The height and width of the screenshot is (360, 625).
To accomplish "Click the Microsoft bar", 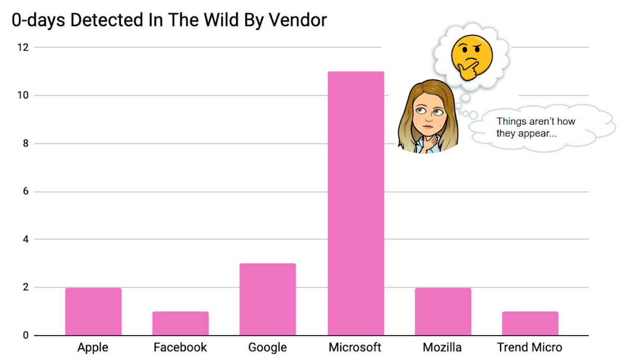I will pyautogui.click(x=356, y=203).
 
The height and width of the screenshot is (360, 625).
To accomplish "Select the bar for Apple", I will pyautogui.click(x=93, y=312).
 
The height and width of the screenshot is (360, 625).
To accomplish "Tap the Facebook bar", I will pyautogui.click(x=180, y=324).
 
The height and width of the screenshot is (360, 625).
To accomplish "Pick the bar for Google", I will pyautogui.click(x=268, y=300).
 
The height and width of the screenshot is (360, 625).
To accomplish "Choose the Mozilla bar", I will pyautogui.click(x=443, y=312).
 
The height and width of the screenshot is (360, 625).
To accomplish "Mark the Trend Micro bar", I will pyautogui.click(x=530, y=324).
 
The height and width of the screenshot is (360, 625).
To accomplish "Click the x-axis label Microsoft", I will pyautogui.click(x=355, y=347).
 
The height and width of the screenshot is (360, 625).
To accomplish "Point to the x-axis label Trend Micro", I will pyautogui.click(x=530, y=347).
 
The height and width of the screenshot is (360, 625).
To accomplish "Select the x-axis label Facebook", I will pyautogui.click(x=180, y=347).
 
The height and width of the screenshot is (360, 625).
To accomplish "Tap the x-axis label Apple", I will pyautogui.click(x=93, y=347).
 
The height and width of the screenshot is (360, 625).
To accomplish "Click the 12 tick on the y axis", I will pyautogui.click(x=23, y=47).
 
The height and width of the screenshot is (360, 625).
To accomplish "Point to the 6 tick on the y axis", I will pyautogui.click(x=25, y=192).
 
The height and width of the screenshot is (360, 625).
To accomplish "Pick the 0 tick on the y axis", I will pyautogui.click(x=25, y=336).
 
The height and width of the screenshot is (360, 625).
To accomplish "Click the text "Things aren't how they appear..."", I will pyautogui.click(x=535, y=127).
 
